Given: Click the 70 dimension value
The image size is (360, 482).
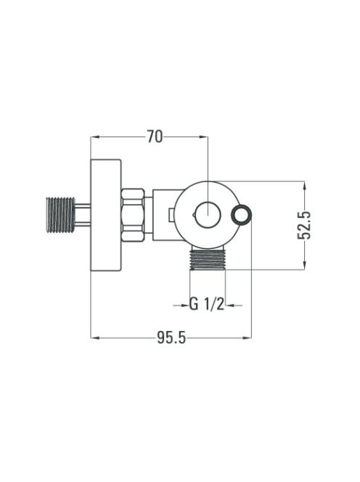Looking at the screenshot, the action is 155,136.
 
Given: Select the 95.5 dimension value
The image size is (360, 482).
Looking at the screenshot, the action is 171,338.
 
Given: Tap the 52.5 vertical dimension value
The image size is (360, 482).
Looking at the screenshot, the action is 304,225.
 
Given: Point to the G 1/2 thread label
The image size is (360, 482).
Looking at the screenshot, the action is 207,305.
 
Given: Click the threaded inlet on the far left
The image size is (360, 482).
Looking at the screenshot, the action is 60,215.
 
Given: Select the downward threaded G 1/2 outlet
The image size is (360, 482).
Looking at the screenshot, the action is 208,259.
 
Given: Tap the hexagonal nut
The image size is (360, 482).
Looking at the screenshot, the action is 133,215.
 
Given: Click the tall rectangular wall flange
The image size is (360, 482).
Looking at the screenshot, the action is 106,215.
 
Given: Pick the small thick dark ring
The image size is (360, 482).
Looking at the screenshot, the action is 242,214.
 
